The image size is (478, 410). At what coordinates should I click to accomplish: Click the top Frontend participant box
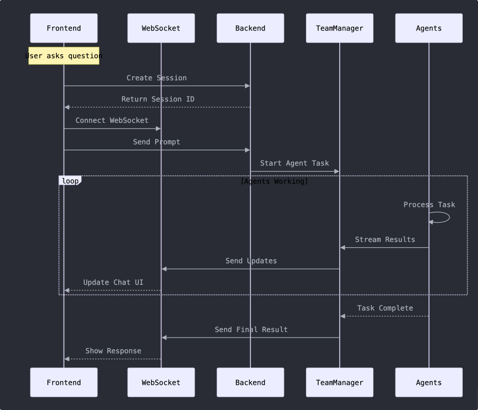tap(64, 28)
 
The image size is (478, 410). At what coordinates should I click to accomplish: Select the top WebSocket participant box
tap(161, 28)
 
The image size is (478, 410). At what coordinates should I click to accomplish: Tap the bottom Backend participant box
tap(250, 382)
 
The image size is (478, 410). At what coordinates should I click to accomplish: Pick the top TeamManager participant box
tap(340, 28)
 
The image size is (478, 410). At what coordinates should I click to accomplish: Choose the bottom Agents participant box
tap(429, 382)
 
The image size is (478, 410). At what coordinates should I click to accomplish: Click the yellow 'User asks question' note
tap(64, 56)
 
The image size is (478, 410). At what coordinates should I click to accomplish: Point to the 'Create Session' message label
tap(157, 78)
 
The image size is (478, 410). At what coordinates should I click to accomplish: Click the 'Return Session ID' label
tap(158, 99)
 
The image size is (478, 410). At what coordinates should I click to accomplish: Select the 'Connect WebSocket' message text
tap(112, 121)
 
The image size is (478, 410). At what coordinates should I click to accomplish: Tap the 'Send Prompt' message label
tap(157, 142)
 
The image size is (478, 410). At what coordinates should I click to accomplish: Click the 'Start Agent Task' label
tap(294, 163)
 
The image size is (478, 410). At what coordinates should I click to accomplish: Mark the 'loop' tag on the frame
tap(70, 181)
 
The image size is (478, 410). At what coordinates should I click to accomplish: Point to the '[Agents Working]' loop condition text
tap(274, 181)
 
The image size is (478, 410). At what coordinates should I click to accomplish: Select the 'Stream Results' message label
tap(385, 240)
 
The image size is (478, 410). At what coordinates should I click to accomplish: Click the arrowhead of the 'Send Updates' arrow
tap(165, 269)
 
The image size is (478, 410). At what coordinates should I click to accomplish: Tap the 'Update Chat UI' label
tap(113, 282)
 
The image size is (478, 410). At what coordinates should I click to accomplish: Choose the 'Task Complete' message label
tap(385, 308)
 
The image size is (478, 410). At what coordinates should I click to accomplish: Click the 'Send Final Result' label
tap(251, 330)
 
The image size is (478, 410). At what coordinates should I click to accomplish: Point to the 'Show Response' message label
tap(113, 351)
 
